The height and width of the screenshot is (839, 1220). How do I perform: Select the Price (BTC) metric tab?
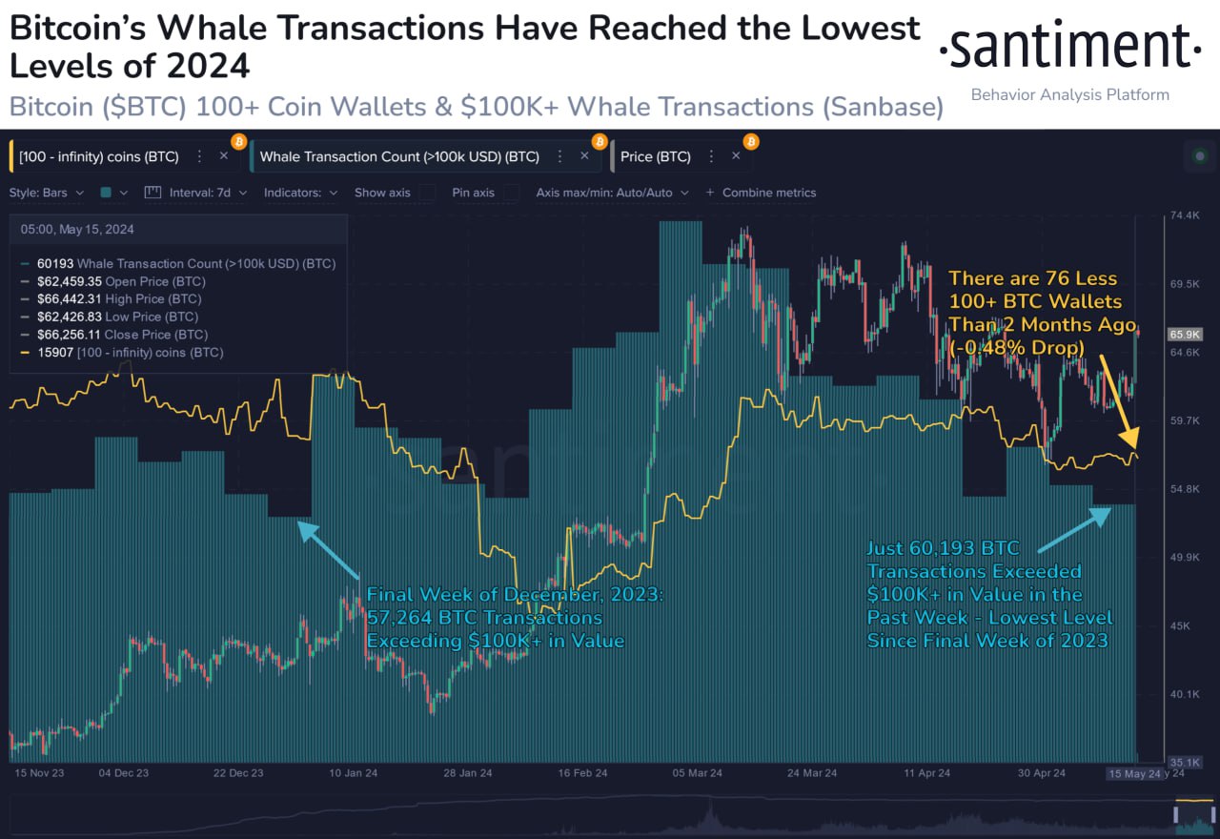(655, 156)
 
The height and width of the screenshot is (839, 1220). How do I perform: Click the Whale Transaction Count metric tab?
(399, 156)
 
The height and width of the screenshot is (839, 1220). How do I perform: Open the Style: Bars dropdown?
(46, 193)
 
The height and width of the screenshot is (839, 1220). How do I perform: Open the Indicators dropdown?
(300, 193)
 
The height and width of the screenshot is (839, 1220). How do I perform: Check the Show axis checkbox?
(428, 193)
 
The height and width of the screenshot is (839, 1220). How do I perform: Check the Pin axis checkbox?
(512, 193)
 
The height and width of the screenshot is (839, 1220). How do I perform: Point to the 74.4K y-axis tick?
(1184, 216)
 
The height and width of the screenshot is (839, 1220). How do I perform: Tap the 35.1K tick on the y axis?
(1184, 762)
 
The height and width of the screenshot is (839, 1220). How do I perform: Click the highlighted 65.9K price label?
(1184, 335)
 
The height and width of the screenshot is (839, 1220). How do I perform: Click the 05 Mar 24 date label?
(697, 773)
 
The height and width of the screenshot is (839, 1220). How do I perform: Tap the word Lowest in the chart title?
(860, 29)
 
